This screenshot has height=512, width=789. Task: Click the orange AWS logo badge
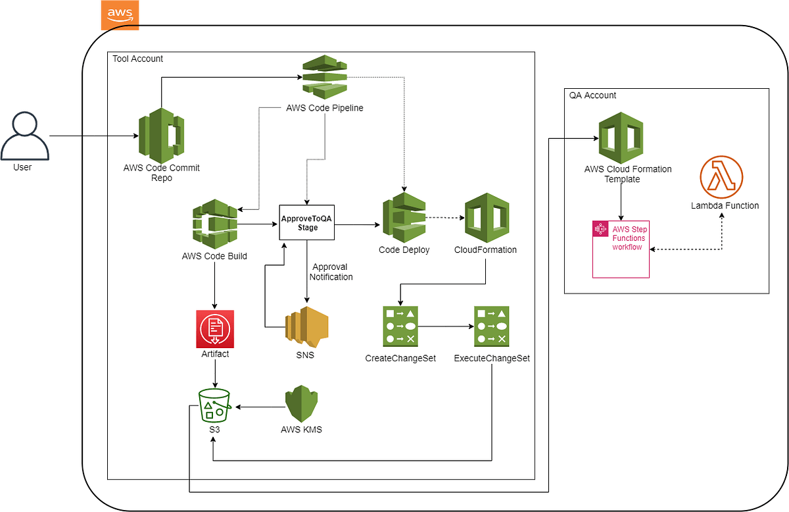(x=120, y=15)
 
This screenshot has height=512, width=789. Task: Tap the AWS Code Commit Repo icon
(x=161, y=135)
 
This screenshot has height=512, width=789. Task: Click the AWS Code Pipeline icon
(x=325, y=78)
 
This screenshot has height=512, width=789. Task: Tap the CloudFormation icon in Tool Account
(x=486, y=217)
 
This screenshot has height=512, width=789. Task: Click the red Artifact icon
(x=215, y=328)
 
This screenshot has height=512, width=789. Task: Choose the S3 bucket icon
(x=215, y=405)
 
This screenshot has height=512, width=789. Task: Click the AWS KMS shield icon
(x=301, y=404)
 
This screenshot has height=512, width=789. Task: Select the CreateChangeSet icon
(x=401, y=326)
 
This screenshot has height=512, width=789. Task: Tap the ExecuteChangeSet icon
(x=491, y=326)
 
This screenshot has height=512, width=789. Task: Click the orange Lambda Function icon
(x=721, y=176)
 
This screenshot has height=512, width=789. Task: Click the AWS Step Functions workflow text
(x=629, y=238)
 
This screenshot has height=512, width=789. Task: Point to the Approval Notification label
(x=332, y=272)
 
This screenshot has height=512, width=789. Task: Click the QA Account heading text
(x=592, y=95)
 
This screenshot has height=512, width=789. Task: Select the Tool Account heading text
(x=137, y=59)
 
